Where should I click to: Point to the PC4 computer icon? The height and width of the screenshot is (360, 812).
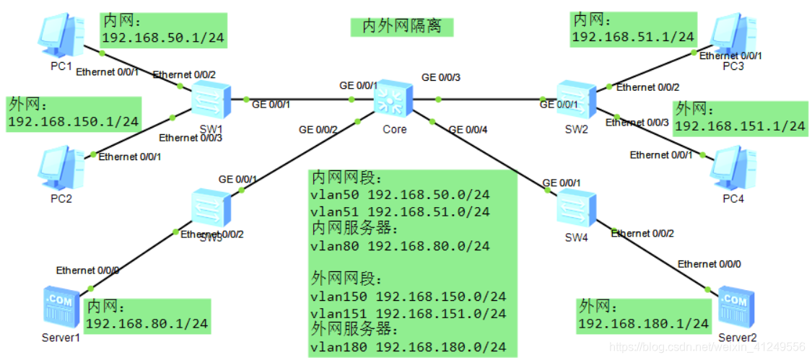(730, 167)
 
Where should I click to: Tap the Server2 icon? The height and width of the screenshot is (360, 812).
(735, 307)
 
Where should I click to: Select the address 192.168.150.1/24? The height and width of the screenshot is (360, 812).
(73, 122)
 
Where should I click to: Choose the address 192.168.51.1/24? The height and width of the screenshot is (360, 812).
(633, 37)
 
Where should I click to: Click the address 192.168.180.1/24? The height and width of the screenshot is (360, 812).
(643, 324)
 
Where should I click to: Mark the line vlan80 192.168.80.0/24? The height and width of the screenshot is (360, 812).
(400, 246)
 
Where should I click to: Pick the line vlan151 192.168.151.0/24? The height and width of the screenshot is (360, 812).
(408, 313)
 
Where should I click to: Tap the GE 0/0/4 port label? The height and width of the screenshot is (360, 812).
(468, 130)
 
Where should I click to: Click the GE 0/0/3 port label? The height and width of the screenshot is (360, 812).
(441, 76)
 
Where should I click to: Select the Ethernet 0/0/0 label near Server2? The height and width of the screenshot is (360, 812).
(709, 264)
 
